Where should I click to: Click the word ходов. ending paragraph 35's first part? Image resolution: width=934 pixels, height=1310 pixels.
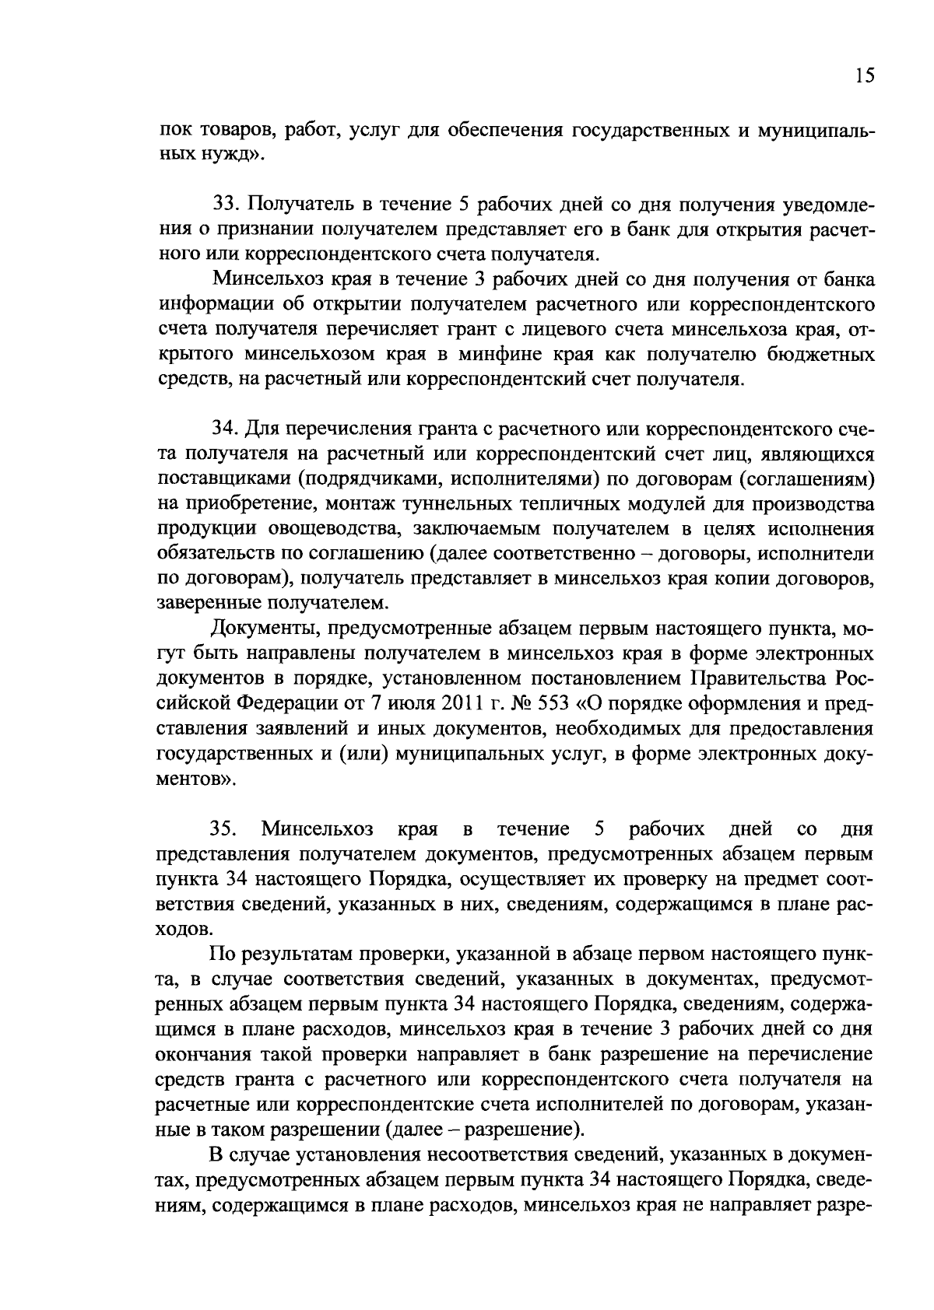[184, 929]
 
